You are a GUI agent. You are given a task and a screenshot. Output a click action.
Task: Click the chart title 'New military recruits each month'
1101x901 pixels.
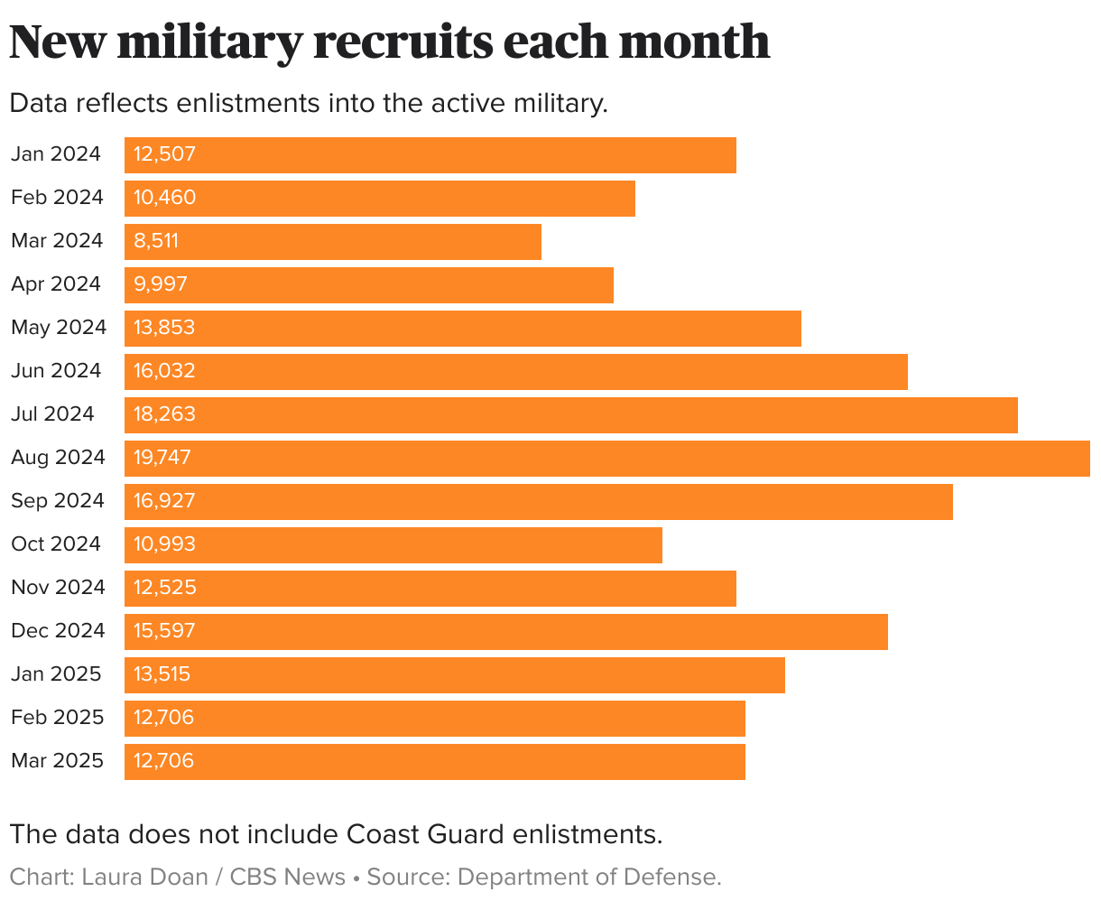[389, 42]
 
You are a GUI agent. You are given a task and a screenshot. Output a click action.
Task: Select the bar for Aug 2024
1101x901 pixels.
[606, 458]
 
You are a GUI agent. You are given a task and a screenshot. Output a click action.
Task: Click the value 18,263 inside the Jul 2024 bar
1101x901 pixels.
[164, 414]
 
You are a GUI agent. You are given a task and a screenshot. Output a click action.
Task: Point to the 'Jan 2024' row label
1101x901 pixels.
[56, 154]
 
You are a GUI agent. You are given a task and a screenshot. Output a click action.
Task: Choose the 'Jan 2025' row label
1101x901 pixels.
[56, 674]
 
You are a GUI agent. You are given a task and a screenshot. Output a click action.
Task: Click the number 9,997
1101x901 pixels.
[161, 284]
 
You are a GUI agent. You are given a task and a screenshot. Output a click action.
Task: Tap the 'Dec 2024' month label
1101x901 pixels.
[58, 631]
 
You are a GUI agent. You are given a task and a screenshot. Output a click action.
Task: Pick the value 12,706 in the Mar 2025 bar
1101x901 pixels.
[163, 761]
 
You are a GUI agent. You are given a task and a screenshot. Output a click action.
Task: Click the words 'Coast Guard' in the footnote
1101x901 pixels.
[424, 834]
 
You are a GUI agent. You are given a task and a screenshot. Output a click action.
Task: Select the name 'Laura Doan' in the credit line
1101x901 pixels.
[144, 878]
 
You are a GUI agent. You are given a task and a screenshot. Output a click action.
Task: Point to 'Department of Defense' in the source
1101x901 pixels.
[587, 878]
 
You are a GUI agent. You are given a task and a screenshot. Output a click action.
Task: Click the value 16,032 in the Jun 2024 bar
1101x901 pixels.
[164, 371]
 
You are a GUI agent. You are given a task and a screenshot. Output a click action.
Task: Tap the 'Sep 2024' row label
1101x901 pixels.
[58, 501]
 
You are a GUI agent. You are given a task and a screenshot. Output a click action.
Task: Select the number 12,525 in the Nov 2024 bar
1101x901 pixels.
[164, 588]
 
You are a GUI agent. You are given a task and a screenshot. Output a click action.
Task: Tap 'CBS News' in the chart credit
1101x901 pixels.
[288, 878]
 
